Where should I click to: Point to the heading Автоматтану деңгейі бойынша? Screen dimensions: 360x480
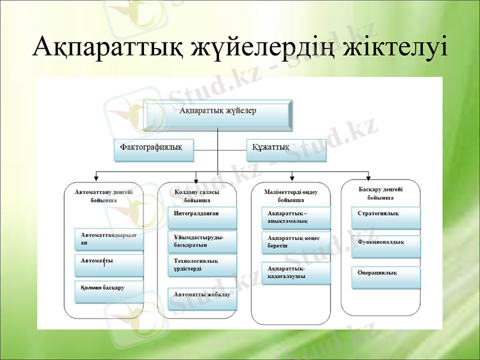104,196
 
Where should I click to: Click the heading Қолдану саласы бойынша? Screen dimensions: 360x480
197,196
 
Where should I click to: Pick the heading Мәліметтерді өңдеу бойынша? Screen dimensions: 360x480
290,196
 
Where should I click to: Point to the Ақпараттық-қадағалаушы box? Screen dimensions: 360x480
296,273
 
